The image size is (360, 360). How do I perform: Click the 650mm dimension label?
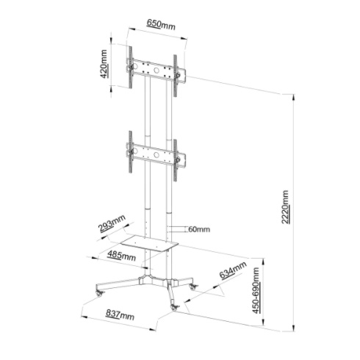pyautogui.click(x=161, y=24)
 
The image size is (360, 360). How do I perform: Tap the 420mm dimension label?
pyautogui.click(x=104, y=64)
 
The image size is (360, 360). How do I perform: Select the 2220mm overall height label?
pyautogui.click(x=285, y=207)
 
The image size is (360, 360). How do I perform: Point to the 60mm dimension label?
pyautogui.click(x=199, y=229)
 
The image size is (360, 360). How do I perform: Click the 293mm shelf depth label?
pyautogui.click(x=112, y=223)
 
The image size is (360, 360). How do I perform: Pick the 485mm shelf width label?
pyautogui.click(x=121, y=256)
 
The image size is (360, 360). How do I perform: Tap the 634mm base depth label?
pyautogui.click(x=233, y=270)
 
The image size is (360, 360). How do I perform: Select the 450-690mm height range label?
pyautogui.click(x=256, y=291)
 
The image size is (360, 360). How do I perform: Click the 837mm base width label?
pyautogui.click(x=120, y=315)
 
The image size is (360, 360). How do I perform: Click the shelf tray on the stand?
pyautogui.click(x=149, y=243)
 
